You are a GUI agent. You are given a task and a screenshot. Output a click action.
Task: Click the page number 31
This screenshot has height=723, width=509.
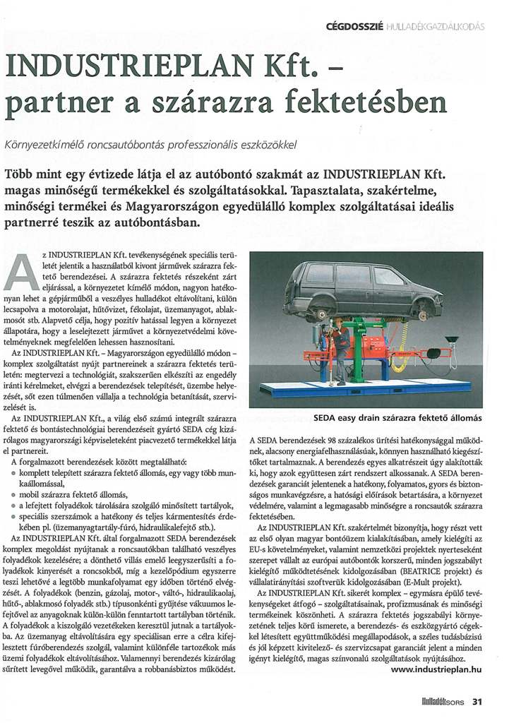[477, 701]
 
